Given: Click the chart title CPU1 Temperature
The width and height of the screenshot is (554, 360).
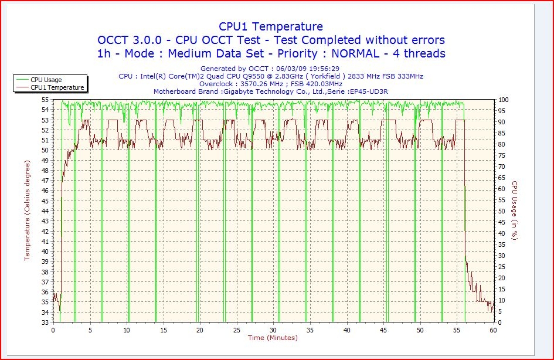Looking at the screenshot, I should click(270, 26).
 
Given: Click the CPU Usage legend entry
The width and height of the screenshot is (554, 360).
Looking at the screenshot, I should click(46, 80).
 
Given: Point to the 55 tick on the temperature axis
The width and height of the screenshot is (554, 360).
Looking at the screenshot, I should click(46, 100).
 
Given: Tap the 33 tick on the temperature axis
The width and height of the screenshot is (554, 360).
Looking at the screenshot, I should click(46, 322).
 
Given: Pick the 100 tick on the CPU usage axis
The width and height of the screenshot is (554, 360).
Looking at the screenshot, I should click(503, 100).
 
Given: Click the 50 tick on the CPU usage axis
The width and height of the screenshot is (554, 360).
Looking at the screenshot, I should click(501, 211).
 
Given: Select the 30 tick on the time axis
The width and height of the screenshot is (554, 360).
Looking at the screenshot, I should click(273, 330).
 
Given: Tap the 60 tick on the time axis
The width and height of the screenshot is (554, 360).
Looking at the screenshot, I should click(493, 330).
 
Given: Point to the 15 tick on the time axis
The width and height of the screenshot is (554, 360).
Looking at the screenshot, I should click(163, 330).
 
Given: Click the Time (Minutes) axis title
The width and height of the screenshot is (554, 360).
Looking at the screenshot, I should click(273, 338).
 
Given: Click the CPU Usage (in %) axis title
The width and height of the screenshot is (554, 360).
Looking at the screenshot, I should click(514, 211).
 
